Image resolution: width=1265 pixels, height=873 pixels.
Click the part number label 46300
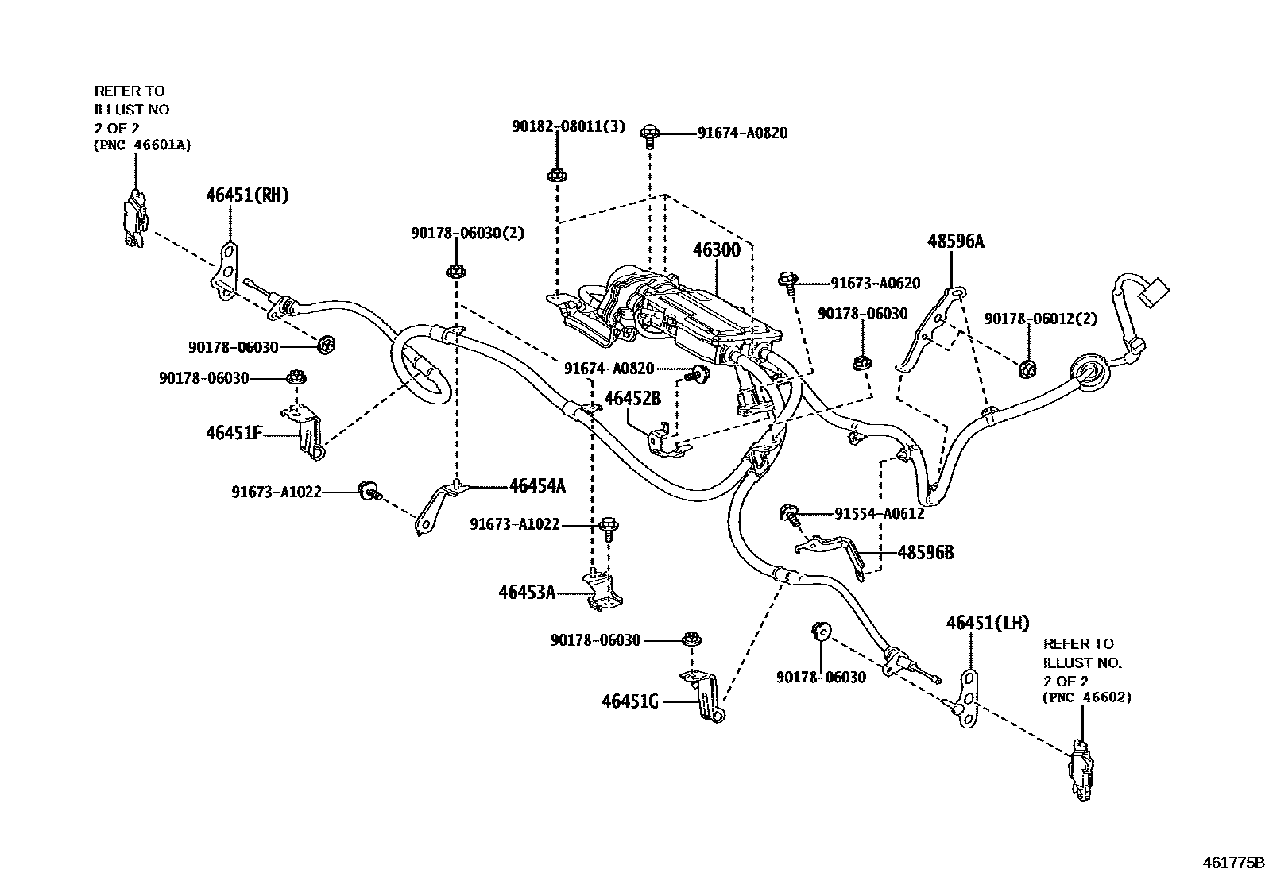point(716,251)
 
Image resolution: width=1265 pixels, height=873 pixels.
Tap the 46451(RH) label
point(247,195)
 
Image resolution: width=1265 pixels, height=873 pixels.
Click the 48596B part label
point(925,552)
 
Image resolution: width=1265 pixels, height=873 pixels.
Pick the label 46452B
point(632,399)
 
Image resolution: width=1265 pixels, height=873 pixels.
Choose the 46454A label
point(537,486)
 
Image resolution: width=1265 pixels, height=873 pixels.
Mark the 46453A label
point(527,592)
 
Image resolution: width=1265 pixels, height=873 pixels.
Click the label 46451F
point(234,434)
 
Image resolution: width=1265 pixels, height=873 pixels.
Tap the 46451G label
point(630,701)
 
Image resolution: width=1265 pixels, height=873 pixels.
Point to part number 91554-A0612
point(879,514)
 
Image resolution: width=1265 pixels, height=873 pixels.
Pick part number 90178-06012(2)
point(1040,319)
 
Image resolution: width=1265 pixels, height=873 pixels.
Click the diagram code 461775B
point(1231,861)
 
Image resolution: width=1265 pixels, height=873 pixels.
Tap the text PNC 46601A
point(142,145)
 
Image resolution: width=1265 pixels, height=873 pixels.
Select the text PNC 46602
point(1087,697)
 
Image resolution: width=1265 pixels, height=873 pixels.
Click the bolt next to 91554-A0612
point(789,515)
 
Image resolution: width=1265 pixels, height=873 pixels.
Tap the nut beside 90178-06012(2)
point(1026,368)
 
